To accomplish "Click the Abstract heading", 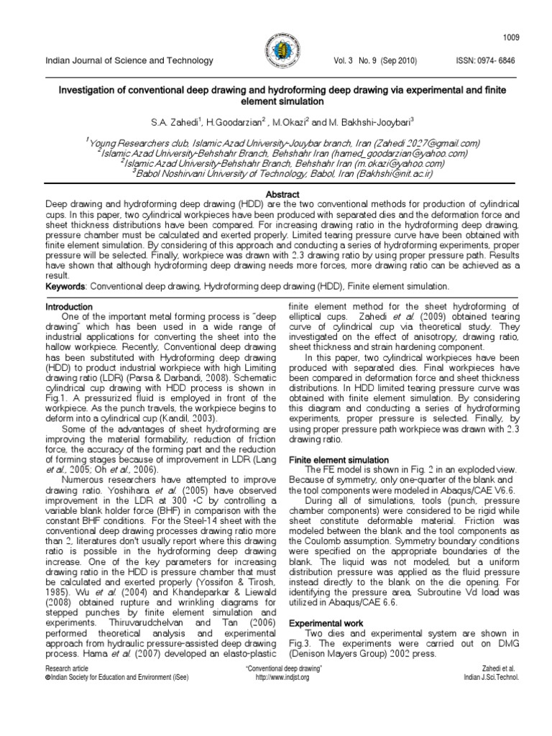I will point(275,194).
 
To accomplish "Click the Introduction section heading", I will point(69,306).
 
